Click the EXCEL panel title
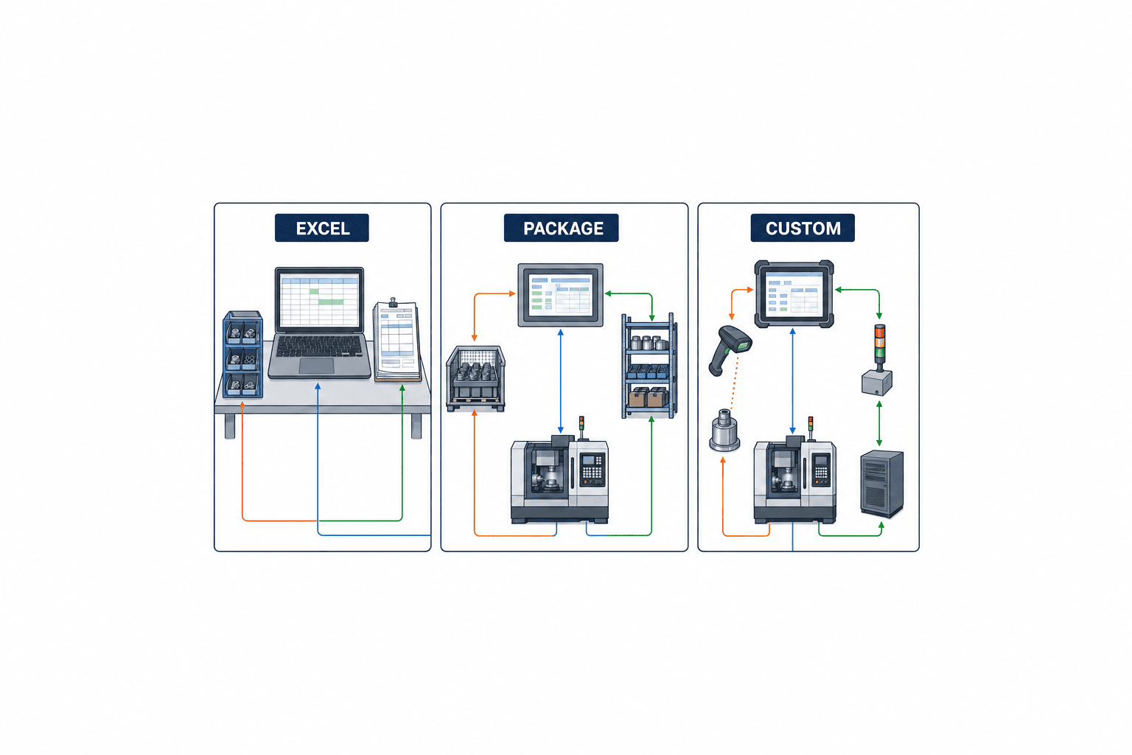pyautogui.click(x=322, y=228)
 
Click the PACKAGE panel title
pyautogui.click(x=561, y=228)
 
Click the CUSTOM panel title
pyautogui.click(x=803, y=228)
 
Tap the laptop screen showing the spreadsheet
pyautogui.click(x=319, y=301)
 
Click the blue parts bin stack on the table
pyautogui.click(x=242, y=354)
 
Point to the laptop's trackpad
pyautogui.click(x=316, y=366)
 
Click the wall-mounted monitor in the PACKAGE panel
pyautogui.click(x=560, y=295)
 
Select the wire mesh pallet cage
pyautogui.click(x=475, y=378)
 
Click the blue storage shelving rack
pyautogui.click(x=649, y=366)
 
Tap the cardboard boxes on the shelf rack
pyautogui.click(x=648, y=397)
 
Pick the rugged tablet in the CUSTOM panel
pyautogui.click(x=794, y=294)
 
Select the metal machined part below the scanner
pyautogui.click(x=724, y=431)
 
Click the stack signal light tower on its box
pyautogui.click(x=878, y=360)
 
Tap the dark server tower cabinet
pyautogui.click(x=882, y=484)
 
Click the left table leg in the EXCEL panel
pyautogui.click(x=230, y=426)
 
